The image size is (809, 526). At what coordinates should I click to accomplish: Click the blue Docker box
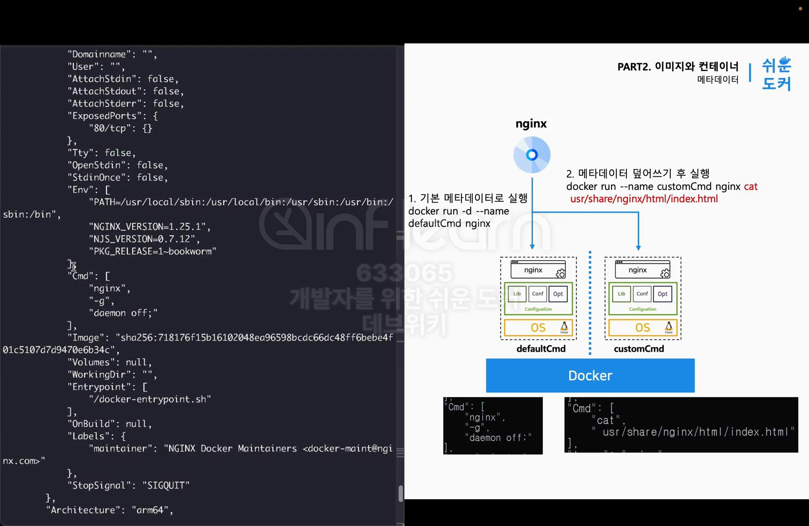pyautogui.click(x=590, y=376)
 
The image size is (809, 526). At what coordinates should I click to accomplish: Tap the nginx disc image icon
pyautogui.click(x=532, y=155)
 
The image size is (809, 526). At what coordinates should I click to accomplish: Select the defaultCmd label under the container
pyautogui.click(x=541, y=349)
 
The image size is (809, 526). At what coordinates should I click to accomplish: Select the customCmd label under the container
pyautogui.click(x=639, y=349)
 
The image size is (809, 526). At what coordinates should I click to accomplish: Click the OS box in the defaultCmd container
pyautogui.click(x=538, y=328)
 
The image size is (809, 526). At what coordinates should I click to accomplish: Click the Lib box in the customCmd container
pyautogui.click(x=621, y=294)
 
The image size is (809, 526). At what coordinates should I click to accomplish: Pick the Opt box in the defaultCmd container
pyautogui.click(x=558, y=294)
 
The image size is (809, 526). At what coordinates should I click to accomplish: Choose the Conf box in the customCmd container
pyautogui.click(x=642, y=294)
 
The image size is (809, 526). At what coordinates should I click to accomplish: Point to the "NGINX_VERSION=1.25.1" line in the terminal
pyautogui.click(x=149, y=226)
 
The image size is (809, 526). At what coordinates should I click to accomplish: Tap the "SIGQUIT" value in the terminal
pyautogui.click(x=165, y=485)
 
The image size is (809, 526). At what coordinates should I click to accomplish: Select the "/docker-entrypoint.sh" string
pyautogui.click(x=149, y=399)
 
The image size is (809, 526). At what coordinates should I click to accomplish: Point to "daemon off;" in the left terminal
pyautogui.click(x=123, y=313)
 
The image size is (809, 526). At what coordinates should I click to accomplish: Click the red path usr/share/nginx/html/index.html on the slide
pyautogui.click(x=644, y=199)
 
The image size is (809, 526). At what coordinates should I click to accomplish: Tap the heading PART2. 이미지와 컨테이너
pyautogui.click(x=678, y=67)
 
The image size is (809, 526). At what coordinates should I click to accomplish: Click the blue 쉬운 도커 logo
pyautogui.click(x=776, y=74)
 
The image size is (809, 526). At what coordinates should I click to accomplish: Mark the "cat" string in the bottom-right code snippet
pyautogui.click(x=606, y=420)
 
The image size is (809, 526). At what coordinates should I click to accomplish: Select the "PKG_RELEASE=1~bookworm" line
pyautogui.click(x=152, y=251)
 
